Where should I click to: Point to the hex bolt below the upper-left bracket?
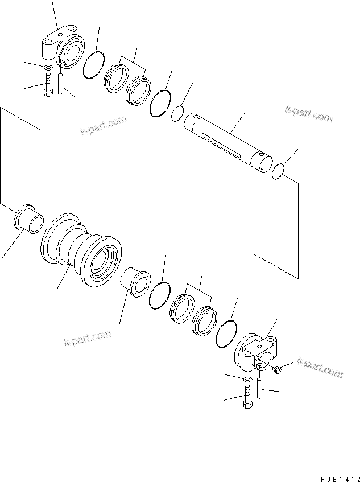[48, 86]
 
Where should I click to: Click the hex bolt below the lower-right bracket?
[248, 396]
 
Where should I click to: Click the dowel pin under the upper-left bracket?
[61, 83]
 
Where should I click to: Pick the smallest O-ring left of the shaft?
[177, 114]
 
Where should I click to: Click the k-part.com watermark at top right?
[309, 114]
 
